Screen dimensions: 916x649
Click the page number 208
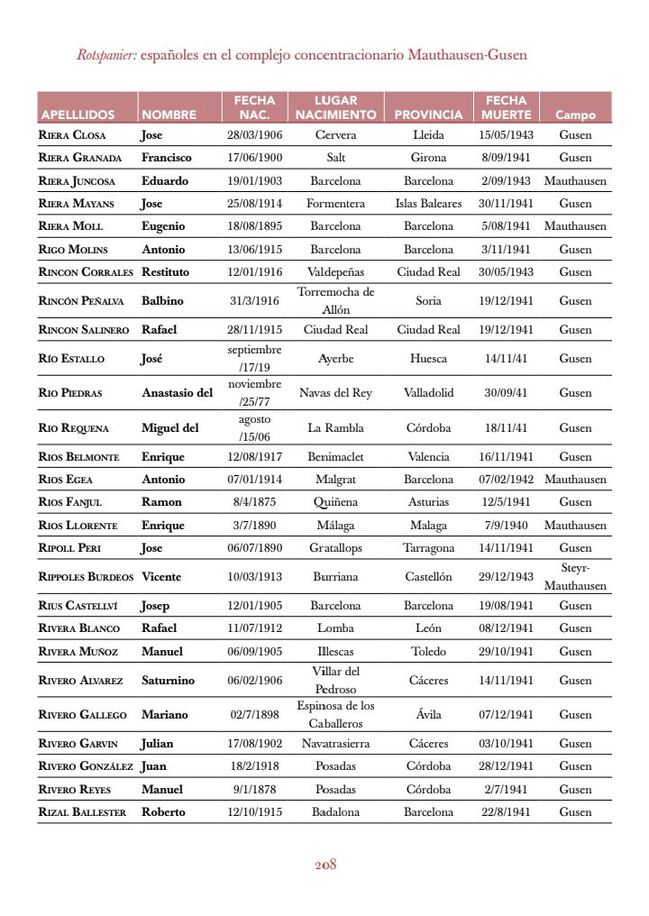324,864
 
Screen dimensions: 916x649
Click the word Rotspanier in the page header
106,55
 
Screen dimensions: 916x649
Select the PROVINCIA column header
428,114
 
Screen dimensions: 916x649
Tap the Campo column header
575,114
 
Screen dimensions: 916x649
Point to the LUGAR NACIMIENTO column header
335,107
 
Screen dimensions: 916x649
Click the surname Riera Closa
72,135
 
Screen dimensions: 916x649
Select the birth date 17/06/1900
254,158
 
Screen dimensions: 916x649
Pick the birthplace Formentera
335,204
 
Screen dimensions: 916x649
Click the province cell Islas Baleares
428,204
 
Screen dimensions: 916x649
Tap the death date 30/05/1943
506,271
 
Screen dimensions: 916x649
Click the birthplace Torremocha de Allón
335,300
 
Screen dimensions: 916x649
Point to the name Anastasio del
177,392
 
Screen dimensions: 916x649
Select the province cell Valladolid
428,392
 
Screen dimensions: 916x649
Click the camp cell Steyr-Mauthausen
575,576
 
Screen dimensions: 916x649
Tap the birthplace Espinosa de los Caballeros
335,714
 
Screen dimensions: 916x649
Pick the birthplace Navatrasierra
335,744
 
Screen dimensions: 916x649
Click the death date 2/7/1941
506,789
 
